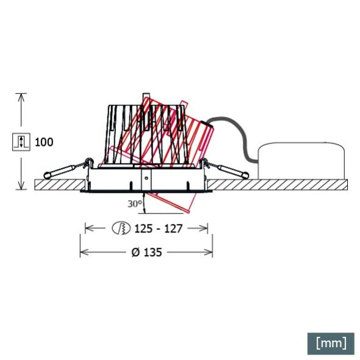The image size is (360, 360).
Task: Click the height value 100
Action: click(44, 142)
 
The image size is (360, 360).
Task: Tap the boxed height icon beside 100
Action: click(20, 142)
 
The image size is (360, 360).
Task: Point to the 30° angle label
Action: click(135, 204)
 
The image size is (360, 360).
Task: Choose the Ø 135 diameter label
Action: click(146, 251)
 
